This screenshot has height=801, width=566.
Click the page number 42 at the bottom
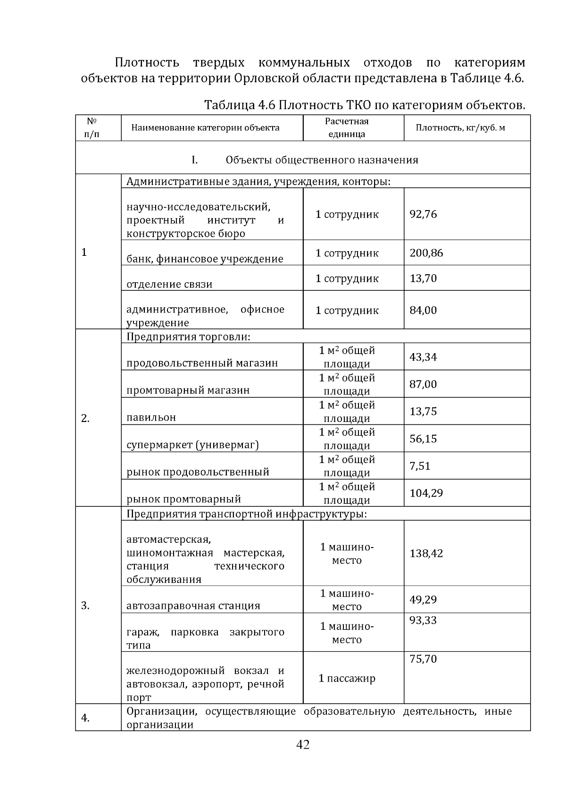click(302, 744)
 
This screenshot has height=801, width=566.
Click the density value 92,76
click(423, 214)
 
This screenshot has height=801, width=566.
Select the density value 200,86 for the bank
click(426, 253)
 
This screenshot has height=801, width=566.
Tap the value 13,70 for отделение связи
click(423, 278)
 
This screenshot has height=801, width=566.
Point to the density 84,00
click(423, 311)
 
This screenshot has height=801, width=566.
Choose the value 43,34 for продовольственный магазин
click(423, 357)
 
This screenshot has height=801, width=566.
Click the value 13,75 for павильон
click(423, 412)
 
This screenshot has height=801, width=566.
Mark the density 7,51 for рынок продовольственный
click(420, 466)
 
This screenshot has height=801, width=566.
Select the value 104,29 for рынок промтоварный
click(426, 493)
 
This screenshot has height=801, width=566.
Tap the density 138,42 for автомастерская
click(426, 553)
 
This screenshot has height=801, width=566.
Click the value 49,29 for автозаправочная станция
click(423, 600)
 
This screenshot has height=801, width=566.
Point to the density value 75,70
click(423, 659)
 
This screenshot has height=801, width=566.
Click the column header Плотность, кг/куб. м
click(460, 128)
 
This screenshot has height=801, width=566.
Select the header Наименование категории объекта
click(205, 128)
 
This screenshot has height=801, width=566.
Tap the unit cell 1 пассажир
click(347, 679)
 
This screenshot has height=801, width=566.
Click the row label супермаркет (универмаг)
click(192, 445)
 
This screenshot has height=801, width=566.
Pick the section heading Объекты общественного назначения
click(322, 160)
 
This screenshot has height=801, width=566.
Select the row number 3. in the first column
click(85, 606)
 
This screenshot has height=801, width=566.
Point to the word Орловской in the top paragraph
click(266, 78)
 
